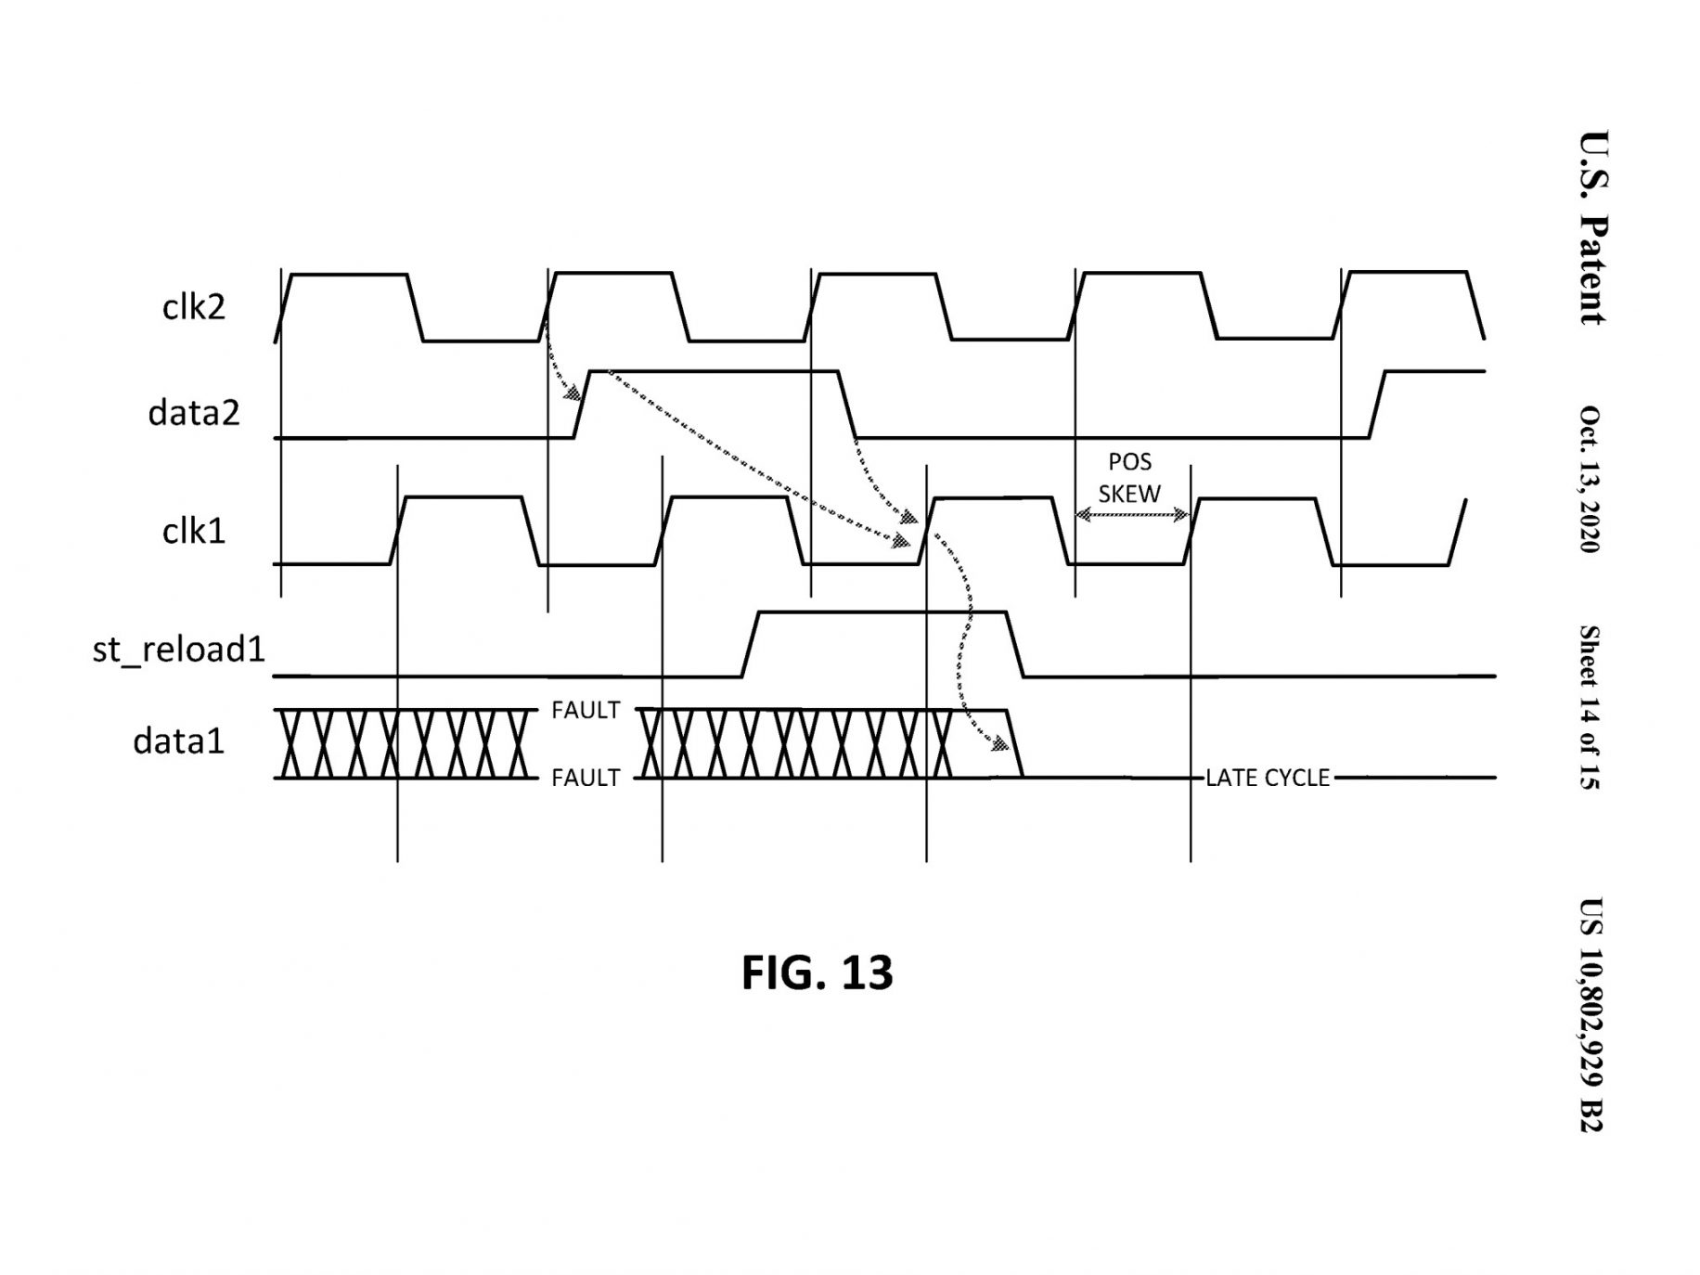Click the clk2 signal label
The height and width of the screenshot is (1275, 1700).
[194, 306]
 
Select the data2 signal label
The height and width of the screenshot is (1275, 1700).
[194, 412]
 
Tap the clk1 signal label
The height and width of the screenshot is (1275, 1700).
[194, 531]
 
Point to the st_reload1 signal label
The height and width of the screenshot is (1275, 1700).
[179, 650]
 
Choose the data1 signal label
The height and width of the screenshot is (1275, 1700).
[179, 741]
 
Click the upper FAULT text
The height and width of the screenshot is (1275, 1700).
[586, 710]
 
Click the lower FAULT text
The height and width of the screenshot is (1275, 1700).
[586, 778]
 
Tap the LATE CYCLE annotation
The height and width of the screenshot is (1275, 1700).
[1268, 778]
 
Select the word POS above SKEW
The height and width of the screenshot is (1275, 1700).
[1129, 462]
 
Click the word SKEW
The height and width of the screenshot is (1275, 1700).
[1129, 494]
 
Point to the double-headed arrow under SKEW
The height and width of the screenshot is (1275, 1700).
[1132, 514]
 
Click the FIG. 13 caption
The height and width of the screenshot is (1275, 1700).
[817, 972]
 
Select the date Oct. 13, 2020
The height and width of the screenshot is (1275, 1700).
[1591, 479]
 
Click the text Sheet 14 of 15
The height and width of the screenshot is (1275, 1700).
[1591, 707]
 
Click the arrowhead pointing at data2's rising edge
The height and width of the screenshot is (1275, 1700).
[576, 393]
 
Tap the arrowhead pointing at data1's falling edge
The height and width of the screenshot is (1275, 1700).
[1001, 744]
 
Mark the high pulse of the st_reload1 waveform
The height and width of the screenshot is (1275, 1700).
[882, 612]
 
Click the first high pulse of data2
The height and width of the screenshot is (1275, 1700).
[715, 372]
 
